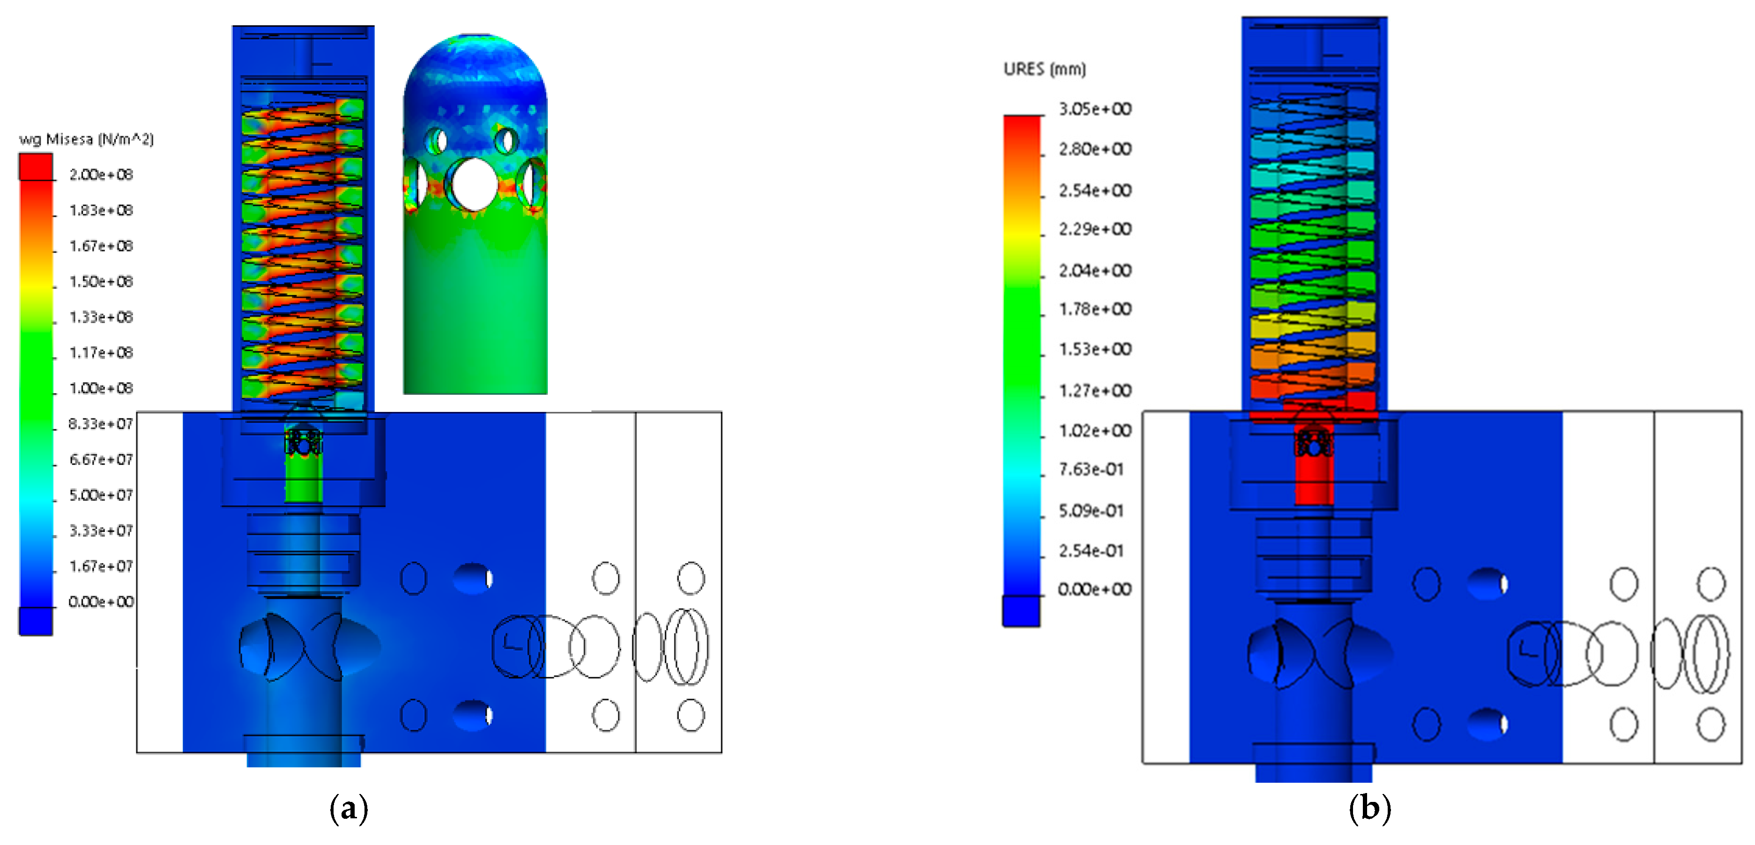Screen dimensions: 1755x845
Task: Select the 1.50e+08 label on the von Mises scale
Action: coord(101,281)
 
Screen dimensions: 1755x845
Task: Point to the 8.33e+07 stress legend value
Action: coord(101,424)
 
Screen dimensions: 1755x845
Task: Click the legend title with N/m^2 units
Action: coord(87,139)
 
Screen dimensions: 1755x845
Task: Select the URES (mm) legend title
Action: coord(1044,69)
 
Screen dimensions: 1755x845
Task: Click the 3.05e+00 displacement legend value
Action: coord(1095,109)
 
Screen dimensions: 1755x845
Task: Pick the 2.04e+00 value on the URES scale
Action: coord(1095,270)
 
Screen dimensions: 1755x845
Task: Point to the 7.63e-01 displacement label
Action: coord(1091,469)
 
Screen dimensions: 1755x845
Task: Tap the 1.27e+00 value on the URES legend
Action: coord(1095,390)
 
